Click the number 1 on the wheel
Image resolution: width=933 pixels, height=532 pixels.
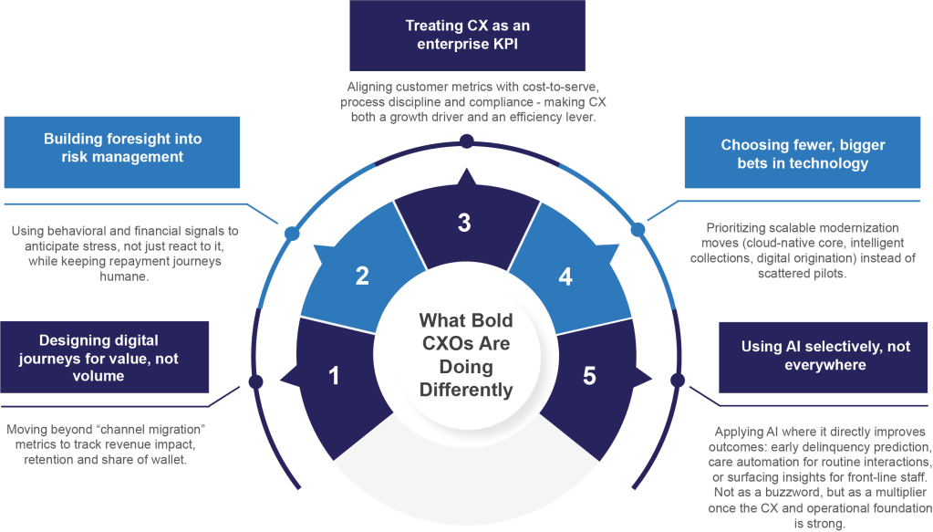click(x=334, y=375)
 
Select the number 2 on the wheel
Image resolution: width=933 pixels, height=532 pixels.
click(x=362, y=276)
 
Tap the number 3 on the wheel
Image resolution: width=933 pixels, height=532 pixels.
click(x=464, y=222)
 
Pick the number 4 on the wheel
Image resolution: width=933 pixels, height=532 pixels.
click(x=565, y=276)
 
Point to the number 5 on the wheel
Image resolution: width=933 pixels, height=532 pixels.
click(x=589, y=375)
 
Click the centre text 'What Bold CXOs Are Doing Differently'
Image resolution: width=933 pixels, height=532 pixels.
click(x=465, y=356)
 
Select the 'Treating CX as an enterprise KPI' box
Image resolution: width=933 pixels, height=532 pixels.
click(x=467, y=36)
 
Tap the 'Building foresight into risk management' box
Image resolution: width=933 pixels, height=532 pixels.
click(x=123, y=148)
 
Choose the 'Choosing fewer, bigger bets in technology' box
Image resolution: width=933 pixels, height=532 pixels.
click(x=803, y=154)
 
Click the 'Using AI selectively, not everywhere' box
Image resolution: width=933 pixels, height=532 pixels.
click(x=824, y=356)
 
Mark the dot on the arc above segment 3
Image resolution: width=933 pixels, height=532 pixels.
click(x=466, y=141)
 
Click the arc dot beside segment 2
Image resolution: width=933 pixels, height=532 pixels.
click(x=292, y=233)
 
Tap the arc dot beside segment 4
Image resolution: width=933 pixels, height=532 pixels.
click(x=638, y=230)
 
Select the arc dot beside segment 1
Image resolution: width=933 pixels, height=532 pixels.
click(x=255, y=381)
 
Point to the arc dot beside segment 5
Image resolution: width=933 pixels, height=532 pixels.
click(x=677, y=380)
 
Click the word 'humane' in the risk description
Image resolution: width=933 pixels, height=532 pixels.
click(x=123, y=276)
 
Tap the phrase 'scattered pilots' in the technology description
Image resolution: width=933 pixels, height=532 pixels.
click(x=782, y=273)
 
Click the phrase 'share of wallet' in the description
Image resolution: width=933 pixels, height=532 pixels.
click(x=156, y=461)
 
